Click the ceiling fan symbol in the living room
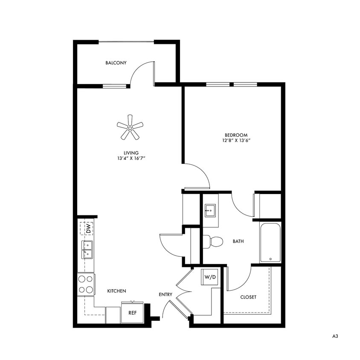click(x=130, y=127)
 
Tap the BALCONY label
click(x=116, y=63)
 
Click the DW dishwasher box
click(x=86, y=229)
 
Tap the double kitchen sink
click(x=87, y=250)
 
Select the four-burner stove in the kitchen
click(x=86, y=284)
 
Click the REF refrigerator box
click(x=133, y=313)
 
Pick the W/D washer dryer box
click(x=210, y=277)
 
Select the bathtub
click(x=270, y=242)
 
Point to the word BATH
click(x=238, y=241)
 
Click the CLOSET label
click(x=248, y=297)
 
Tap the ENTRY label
click(x=165, y=294)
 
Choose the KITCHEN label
click(x=116, y=291)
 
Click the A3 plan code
click(x=335, y=336)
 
